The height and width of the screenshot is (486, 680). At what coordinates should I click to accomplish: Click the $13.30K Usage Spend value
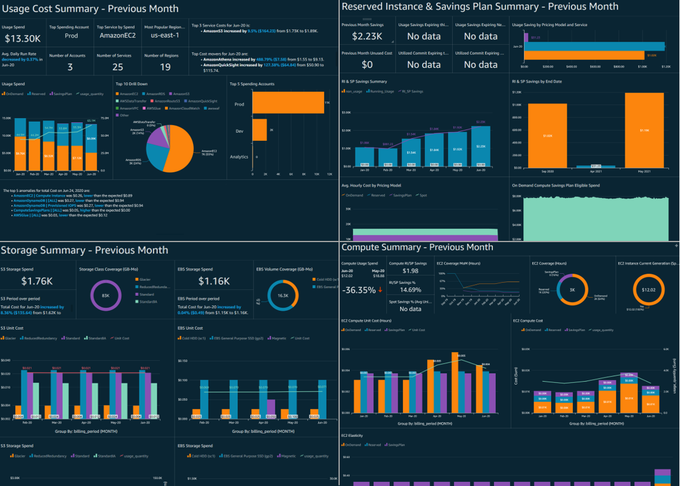pos(23,39)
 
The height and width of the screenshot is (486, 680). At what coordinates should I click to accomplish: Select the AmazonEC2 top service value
pos(117,36)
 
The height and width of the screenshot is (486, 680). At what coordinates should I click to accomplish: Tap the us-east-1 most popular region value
pos(164,36)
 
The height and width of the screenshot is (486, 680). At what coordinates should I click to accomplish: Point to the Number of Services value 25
pos(117,67)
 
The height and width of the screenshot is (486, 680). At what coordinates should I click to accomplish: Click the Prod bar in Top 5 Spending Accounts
pos(288,103)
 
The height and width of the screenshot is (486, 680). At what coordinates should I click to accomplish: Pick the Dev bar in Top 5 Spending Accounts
pos(259,130)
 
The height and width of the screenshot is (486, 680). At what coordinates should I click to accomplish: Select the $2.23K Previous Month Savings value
pos(362,36)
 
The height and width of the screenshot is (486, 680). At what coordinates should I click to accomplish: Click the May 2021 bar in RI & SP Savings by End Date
pos(644,130)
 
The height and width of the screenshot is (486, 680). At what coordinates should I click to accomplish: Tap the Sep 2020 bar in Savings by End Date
pos(547,136)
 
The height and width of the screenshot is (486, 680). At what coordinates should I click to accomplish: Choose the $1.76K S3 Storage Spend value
pos(37,281)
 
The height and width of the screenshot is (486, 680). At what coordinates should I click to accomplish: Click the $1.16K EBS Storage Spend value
pos(215,281)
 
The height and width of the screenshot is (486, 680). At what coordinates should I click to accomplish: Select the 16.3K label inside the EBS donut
pos(283,295)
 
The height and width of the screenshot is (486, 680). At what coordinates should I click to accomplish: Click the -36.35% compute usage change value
pos(360,290)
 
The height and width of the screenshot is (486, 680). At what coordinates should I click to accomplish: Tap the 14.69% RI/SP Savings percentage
pos(410,290)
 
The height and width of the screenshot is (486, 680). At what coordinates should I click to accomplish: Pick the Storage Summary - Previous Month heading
pos(84,250)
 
